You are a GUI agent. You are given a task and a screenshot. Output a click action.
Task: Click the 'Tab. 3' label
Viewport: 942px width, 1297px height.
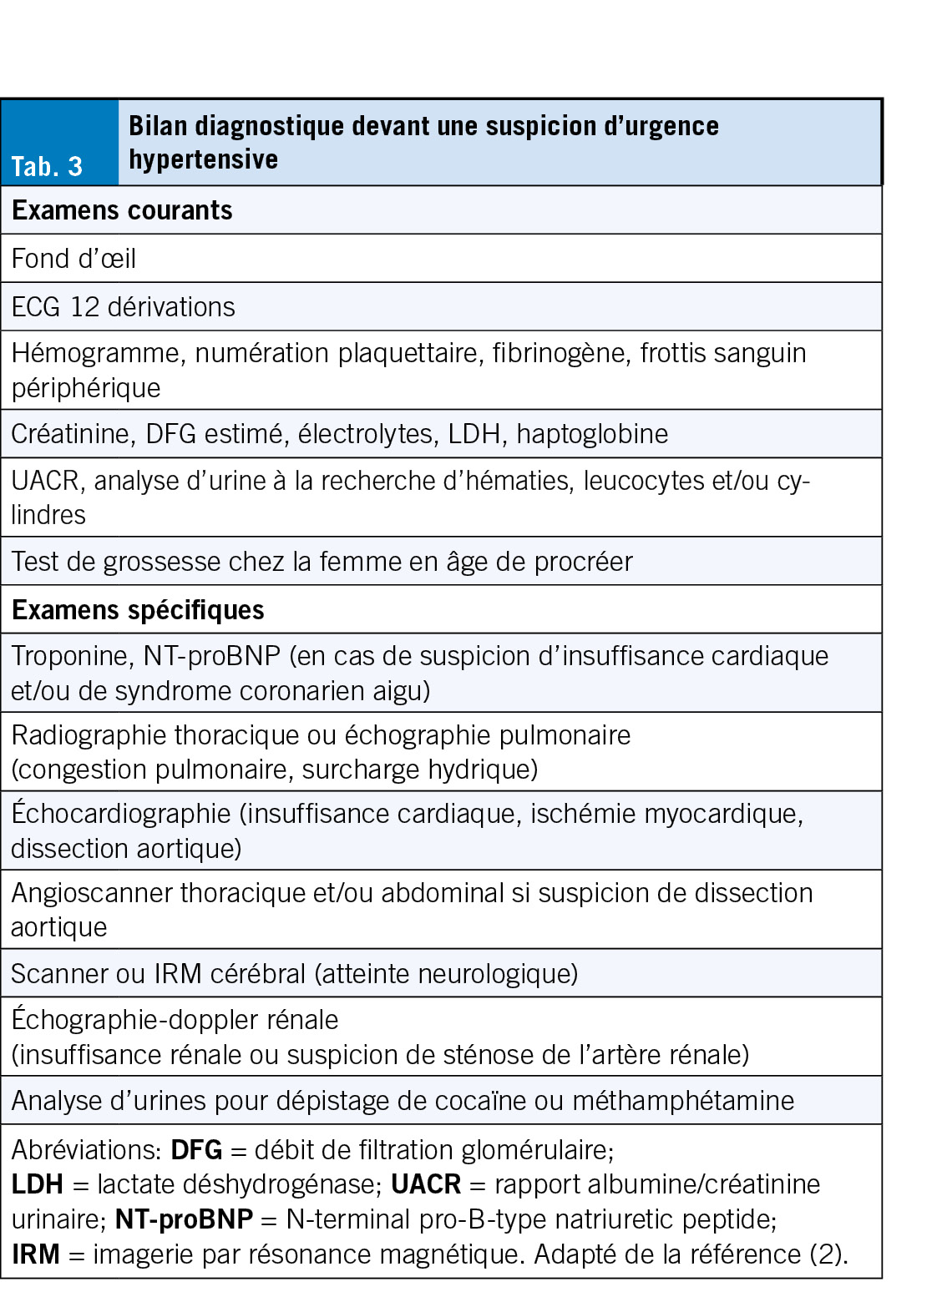pos(47,166)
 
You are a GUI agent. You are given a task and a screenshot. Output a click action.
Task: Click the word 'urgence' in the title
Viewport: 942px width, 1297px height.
pos(675,126)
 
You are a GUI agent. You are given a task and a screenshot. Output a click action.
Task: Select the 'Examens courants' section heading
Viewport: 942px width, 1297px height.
pos(122,210)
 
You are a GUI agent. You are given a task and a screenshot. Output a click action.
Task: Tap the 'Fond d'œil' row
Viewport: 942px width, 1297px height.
pos(73,259)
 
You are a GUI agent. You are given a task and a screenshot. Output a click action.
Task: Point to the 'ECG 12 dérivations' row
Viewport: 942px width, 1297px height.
pos(123,307)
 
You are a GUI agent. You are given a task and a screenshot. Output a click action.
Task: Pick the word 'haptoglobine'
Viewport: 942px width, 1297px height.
pos(592,434)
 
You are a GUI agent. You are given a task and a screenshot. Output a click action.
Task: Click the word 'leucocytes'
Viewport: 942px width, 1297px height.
pos(642,481)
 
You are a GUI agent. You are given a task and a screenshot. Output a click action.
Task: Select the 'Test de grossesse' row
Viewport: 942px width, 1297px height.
pos(322,562)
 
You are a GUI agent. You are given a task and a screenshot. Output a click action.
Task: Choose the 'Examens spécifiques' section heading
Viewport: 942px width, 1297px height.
pos(138,610)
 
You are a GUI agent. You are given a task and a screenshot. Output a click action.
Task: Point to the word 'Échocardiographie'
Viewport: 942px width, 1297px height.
pos(121,814)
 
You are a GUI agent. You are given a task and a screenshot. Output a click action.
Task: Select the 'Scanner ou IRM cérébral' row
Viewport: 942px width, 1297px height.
pos(294,974)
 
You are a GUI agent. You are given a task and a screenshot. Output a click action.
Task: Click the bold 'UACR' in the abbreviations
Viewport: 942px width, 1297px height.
pos(426,1184)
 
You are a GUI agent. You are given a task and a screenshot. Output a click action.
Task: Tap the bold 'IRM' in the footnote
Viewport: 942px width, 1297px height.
pos(36,1254)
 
